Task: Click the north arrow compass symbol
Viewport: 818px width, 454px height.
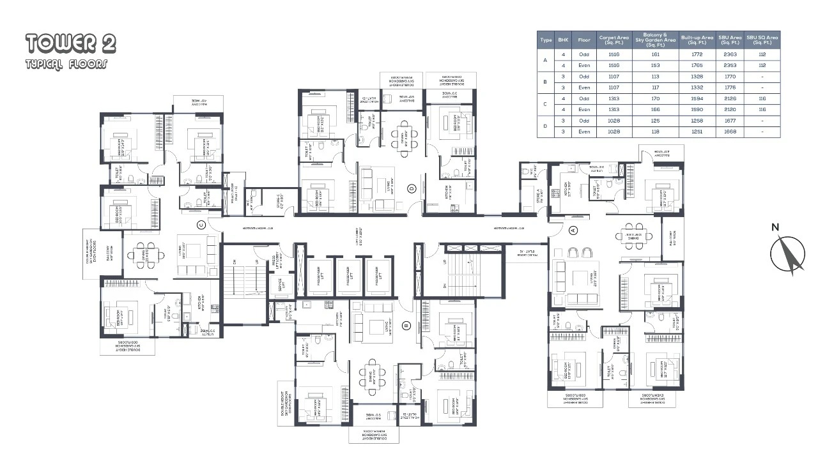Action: coord(787,254)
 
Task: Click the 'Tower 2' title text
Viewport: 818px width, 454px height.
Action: coord(71,43)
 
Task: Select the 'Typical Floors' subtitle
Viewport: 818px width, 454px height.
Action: coord(66,64)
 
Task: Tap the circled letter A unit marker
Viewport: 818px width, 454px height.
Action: coord(573,230)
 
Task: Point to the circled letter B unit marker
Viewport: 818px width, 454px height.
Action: coord(406,325)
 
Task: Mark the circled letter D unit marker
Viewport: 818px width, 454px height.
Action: coord(412,188)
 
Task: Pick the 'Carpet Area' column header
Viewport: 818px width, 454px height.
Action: coord(613,40)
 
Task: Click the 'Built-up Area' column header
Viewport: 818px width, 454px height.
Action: coord(697,40)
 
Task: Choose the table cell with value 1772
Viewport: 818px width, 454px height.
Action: coord(697,54)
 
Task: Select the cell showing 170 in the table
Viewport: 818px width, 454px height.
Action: coord(655,98)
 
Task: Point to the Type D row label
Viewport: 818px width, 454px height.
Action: coord(545,126)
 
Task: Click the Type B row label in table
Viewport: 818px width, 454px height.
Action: coord(545,82)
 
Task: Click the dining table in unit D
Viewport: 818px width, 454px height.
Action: coord(402,135)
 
